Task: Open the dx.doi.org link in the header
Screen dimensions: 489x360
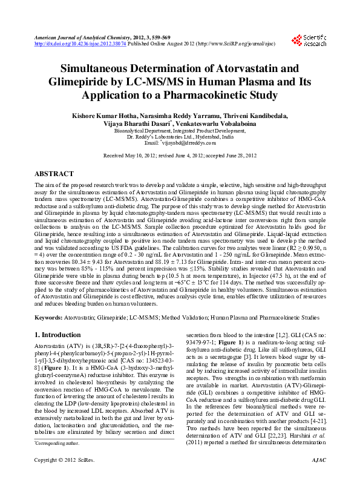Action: click(71, 44)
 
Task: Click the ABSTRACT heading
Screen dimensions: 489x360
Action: click(54, 174)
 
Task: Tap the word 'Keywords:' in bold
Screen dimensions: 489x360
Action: click(48, 317)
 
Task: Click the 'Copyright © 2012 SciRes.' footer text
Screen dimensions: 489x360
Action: click(59, 478)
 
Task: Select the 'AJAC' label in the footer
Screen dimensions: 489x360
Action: click(317, 478)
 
